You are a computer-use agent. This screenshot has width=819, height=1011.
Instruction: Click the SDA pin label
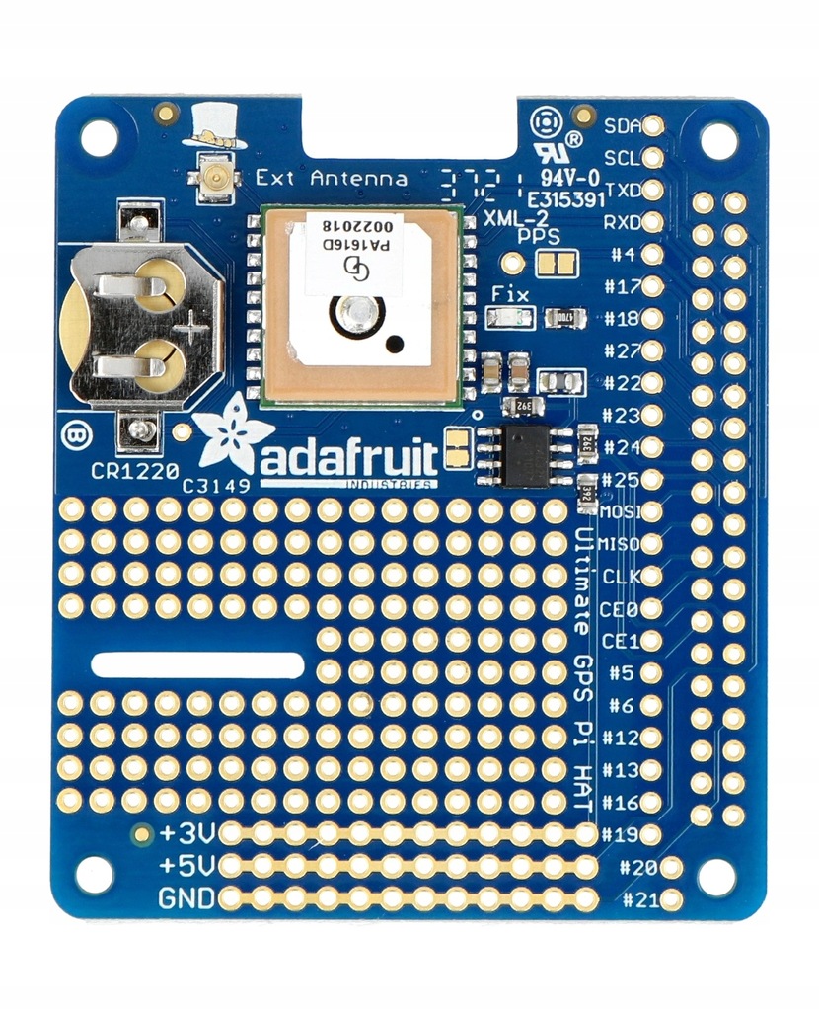point(621,125)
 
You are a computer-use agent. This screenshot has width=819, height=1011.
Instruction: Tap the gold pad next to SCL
point(652,158)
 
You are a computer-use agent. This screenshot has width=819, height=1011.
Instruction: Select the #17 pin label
point(622,287)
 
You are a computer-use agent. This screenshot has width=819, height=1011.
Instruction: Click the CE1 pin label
point(621,641)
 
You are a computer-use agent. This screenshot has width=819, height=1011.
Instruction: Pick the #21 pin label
point(640,899)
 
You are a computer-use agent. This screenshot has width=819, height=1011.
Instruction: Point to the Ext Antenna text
point(331,179)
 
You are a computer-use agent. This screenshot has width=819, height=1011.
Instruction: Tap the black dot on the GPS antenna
point(395,344)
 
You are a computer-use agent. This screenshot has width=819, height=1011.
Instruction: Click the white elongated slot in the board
point(198,664)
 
